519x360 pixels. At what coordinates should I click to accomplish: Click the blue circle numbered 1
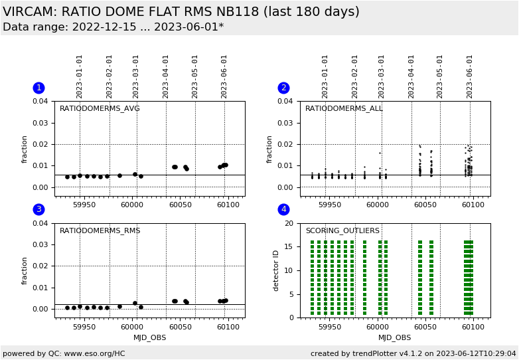click(x=38, y=88)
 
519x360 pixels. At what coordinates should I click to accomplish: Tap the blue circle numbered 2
click(x=284, y=88)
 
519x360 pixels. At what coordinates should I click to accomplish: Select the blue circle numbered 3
click(x=38, y=210)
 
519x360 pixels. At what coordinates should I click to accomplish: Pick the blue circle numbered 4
click(x=284, y=210)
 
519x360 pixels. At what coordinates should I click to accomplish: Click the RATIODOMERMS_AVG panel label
click(x=100, y=109)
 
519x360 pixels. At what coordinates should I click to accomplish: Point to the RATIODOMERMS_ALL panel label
click(x=344, y=109)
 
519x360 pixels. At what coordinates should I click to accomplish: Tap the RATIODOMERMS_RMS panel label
click(x=100, y=231)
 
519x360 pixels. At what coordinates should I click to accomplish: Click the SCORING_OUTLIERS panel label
click(x=342, y=231)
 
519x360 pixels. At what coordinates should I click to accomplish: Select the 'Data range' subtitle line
click(x=113, y=27)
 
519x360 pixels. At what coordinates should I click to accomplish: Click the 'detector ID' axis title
click(x=277, y=270)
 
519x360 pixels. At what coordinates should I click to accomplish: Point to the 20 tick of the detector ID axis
click(x=288, y=224)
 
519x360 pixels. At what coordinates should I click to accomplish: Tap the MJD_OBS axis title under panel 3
click(x=149, y=338)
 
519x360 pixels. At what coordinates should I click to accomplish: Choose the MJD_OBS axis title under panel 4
click(x=395, y=338)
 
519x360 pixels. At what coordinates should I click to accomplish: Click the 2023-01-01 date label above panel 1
click(x=80, y=76)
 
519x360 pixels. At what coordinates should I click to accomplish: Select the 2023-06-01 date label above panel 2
click(x=470, y=76)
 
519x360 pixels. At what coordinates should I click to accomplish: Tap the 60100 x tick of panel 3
click(x=228, y=327)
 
